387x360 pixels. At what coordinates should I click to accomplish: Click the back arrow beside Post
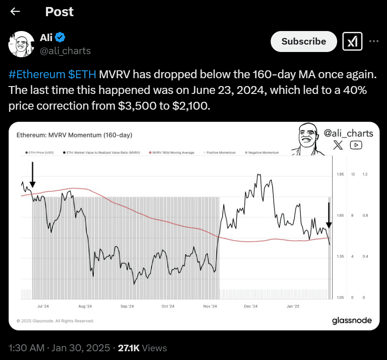(x=15, y=12)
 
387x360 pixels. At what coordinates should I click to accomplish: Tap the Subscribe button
(x=303, y=42)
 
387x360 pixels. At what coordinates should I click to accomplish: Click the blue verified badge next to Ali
(x=60, y=38)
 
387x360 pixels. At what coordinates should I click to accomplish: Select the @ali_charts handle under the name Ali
(x=66, y=51)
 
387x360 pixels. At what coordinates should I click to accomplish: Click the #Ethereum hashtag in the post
(x=37, y=75)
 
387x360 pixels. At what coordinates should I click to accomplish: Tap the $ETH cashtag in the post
(x=82, y=75)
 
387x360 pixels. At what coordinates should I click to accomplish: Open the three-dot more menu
(x=373, y=42)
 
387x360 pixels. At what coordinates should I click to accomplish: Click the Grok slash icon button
(x=352, y=42)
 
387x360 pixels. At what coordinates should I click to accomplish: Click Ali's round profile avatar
(x=21, y=44)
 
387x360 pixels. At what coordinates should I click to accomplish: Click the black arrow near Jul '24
(x=32, y=175)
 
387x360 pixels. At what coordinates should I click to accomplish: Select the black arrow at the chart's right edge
(x=329, y=215)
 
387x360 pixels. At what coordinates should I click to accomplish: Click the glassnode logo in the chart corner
(x=352, y=321)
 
